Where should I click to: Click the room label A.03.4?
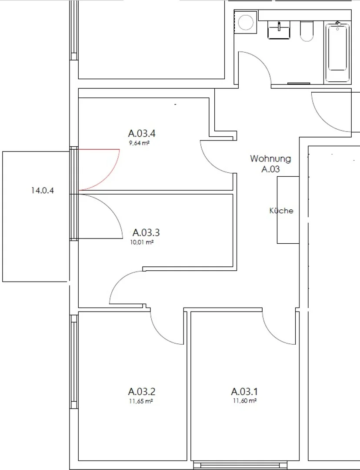pyautogui.click(x=142, y=133)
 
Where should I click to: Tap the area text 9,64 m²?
pyautogui.click(x=139, y=143)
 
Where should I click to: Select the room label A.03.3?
pyautogui.click(x=146, y=232)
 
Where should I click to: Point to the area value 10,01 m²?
pyautogui.click(x=142, y=242)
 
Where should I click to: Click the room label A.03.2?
pyautogui.click(x=142, y=392)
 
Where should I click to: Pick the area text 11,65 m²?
pyautogui.click(x=141, y=401)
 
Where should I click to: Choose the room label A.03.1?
pyautogui.click(x=244, y=392)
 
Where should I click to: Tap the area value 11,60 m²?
pyautogui.click(x=245, y=401)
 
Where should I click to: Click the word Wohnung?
pyautogui.click(x=270, y=158)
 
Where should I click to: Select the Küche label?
pyautogui.click(x=281, y=211)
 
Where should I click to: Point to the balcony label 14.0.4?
pyautogui.click(x=43, y=190)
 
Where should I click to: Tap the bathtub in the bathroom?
pyautogui.click(x=337, y=53)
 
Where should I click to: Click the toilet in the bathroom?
pyautogui.click(x=307, y=31)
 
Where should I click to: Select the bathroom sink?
pyautogui.click(x=279, y=30)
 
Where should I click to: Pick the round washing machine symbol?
pyautogui.click(x=246, y=23)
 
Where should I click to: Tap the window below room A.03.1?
pyautogui.click(x=240, y=465)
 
